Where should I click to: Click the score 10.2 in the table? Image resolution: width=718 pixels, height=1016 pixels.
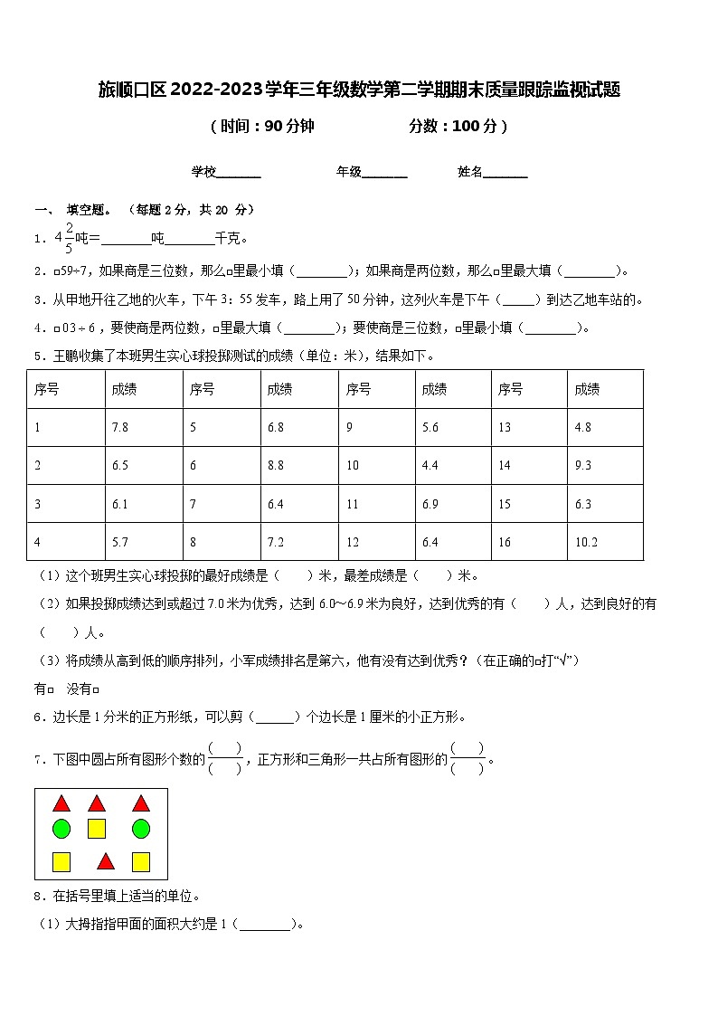coord(586,542)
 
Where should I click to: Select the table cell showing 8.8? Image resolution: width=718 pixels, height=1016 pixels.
coord(276,465)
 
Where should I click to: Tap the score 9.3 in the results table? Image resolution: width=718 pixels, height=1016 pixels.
coord(582,465)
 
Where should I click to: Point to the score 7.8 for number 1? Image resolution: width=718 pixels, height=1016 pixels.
coord(119,427)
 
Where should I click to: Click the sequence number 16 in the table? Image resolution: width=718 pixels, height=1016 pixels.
coord(505,542)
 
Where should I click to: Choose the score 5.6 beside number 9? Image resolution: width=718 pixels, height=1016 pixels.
coord(430,427)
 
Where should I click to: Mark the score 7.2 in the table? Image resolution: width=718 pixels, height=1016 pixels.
coord(276,542)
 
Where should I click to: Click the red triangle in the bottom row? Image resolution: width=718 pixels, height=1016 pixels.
coord(106,861)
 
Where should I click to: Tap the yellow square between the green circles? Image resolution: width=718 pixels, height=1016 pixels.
coord(97,828)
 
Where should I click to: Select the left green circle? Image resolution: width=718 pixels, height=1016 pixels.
coord(61,828)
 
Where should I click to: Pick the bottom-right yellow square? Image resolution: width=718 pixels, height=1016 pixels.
coord(141,861)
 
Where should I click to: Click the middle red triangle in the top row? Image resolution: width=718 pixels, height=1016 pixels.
coord(97,802)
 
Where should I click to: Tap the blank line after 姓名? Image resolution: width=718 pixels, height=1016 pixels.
coord(505,172)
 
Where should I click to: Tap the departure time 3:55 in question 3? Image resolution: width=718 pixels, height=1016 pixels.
coord(250,299)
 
